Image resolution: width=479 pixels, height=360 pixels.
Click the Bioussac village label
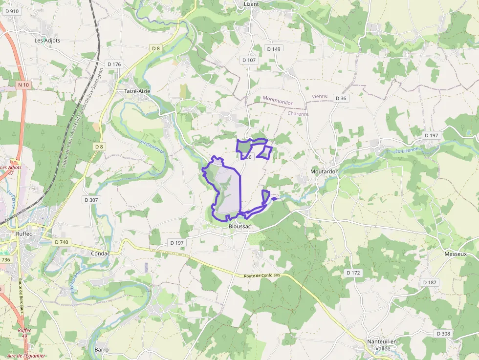click(239, 227)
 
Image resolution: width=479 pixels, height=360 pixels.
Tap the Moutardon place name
click(325, 171)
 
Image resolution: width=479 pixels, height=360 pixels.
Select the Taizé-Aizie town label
click(137, 91)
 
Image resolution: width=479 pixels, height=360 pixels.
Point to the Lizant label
click(251, 4)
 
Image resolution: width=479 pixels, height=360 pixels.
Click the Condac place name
click(101, 254)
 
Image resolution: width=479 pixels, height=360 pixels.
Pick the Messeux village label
click(456, 254)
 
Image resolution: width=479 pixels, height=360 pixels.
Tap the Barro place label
click(102, 350)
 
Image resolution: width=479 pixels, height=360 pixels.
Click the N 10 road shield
click(23, 85)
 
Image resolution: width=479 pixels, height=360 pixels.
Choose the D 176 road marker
click(113, 64)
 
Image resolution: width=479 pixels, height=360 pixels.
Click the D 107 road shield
click(249, 60)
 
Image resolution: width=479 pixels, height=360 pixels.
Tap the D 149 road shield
click(274, 49)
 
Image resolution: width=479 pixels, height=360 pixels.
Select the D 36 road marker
click(341, 98)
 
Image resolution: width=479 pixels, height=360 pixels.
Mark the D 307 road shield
click(91, 200)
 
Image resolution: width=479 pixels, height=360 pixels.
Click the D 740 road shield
click(62, 242)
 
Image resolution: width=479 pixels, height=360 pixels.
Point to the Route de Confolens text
click(262, 276)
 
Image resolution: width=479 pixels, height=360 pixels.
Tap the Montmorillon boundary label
click(278, 101)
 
